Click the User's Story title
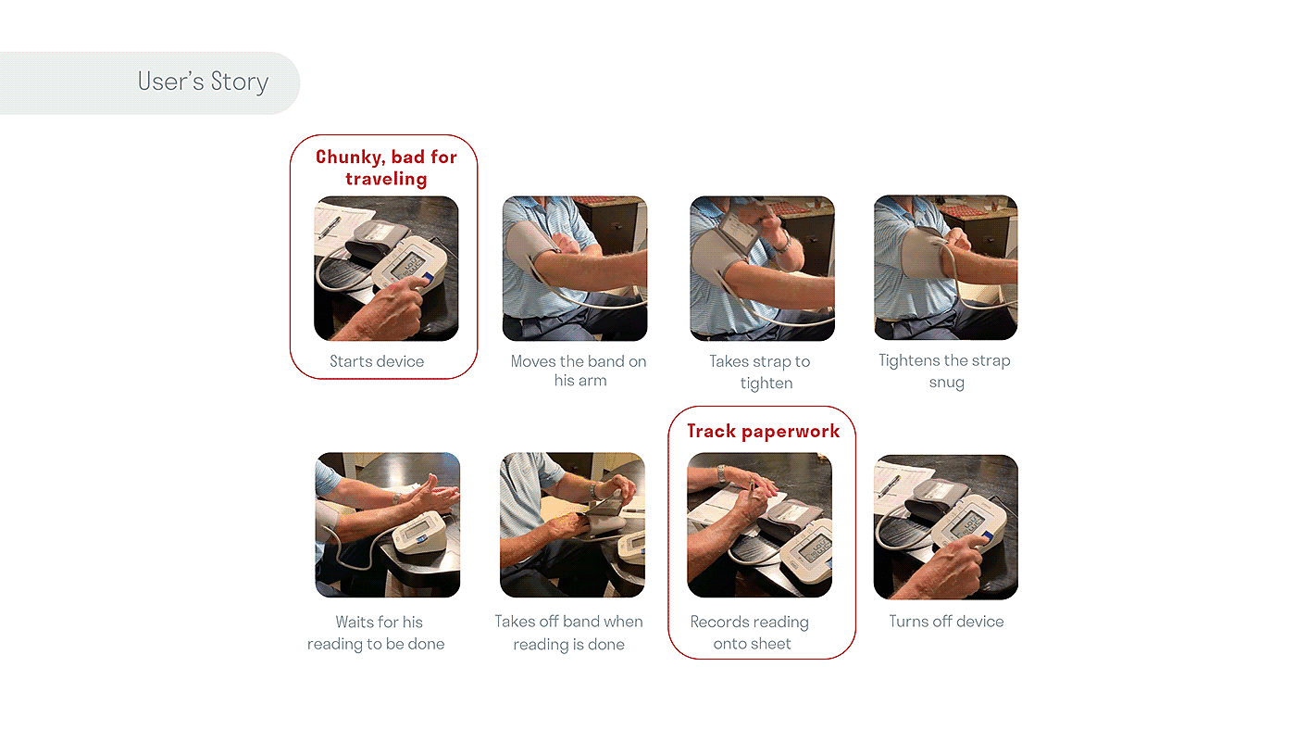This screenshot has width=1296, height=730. [x=203, y=82]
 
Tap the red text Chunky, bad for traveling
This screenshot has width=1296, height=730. [x=386, y=168]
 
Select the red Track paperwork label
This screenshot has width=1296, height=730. [x=763, y=432]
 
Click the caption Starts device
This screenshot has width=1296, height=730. [x=377, y=361]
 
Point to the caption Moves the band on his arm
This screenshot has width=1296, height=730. [x=579, y=371]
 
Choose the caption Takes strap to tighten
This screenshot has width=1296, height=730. [x=760, y=371]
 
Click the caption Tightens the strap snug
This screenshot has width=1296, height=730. [x=945, y=371]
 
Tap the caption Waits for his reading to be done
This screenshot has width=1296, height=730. [x=376, y=633]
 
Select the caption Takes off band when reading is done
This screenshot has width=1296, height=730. [x=568, y=633]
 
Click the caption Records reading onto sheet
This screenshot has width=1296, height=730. [x=750, y=633]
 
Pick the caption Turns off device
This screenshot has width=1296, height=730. [x=946, y=622]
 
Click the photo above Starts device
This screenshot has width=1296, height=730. [x=386, y=269]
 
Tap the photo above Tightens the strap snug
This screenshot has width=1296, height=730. [x=946, y=268]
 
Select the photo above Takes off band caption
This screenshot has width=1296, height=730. [x=572, y=525]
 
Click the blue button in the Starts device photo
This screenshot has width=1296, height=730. [x=428, y=278]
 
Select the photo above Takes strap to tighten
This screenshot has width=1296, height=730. [x=762, y=269]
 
